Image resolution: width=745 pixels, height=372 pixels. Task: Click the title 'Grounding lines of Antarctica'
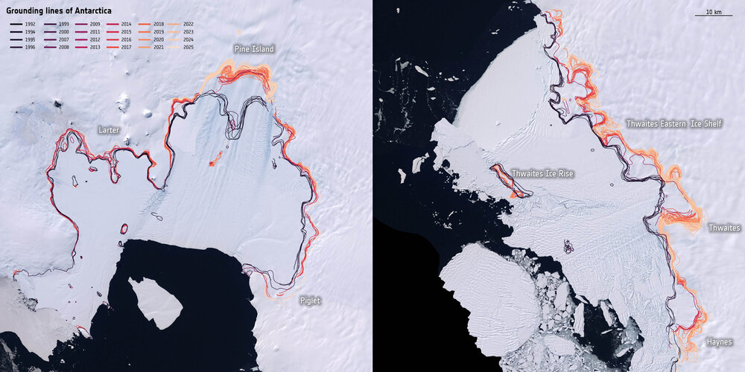pyautogui.click(x=54, y=10)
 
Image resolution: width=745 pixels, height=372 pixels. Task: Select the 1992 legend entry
pyautogui.click(x=27, y=25)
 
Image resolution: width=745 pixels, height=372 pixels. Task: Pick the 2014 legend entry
pyautogui.click(x=118, y=25)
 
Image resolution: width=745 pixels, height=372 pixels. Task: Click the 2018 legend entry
pyautogui.click(x=150, y=25)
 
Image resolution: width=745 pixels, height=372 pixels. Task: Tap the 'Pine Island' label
pyautogui.click(x=253, y=49)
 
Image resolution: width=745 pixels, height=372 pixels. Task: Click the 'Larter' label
pyautogui.click(x=109, y=129)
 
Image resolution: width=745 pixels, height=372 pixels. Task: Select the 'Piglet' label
pyautogui.click(x=310, y=301)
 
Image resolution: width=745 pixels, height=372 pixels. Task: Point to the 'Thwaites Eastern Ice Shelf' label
pyautogui.click(x=673, y=123)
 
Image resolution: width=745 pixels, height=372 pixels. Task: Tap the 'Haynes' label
pyautogui.click(x=720, y=342)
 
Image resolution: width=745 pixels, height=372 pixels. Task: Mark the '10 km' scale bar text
pyautogui.click(x=713, y=11)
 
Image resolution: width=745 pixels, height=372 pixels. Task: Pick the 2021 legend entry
pyautogui.click(x=150, y=47)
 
